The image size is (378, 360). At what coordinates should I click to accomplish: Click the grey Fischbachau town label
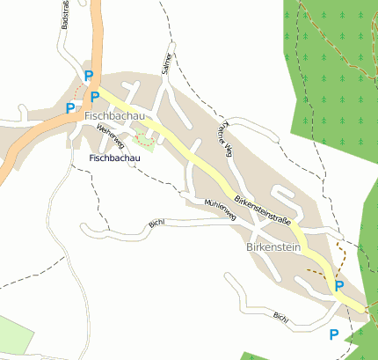coord(114,115)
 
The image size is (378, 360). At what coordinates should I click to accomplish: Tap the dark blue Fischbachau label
coord(114,158)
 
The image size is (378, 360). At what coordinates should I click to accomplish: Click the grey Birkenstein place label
coord(276,248)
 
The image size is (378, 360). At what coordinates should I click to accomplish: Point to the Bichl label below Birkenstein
coord(280,315)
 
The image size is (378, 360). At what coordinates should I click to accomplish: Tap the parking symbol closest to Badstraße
coord(88,77)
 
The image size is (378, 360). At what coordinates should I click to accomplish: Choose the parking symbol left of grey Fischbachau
coord(71,108)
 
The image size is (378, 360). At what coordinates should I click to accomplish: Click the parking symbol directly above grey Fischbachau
coord(95,96)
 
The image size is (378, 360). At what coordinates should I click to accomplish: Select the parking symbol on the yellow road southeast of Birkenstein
coord(338,285)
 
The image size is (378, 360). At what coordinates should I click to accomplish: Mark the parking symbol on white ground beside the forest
coord(333,334)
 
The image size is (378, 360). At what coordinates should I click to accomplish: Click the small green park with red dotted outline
coord(142,139)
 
